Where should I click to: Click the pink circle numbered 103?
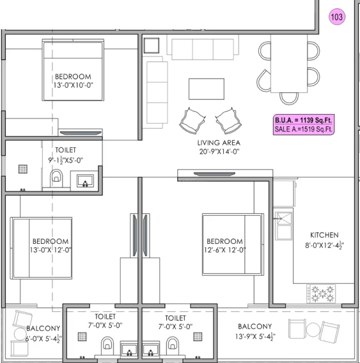point(337,17)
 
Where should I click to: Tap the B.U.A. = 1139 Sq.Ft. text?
point(303,120)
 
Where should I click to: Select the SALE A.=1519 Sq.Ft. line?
point(303,129)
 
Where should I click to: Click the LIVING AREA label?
point(219,143)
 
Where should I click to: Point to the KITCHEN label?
point(324,235)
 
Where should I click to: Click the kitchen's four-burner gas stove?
point(321,294)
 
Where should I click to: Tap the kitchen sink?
point(283,226)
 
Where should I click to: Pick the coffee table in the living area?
point(207,89)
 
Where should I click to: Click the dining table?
point(289,63)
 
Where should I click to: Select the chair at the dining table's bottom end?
point(289,98)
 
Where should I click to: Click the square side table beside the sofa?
point(152,45)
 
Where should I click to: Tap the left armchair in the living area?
point(192,121)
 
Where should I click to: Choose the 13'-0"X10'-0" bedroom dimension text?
point(73,85)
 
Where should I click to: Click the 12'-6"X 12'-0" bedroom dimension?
point(224,250)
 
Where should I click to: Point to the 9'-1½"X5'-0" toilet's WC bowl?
point(56,178)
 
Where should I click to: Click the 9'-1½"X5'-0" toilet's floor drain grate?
point(23,169)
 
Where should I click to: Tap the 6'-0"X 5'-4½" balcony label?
point(43,334)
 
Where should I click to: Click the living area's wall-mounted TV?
point(214,174)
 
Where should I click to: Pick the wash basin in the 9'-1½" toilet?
point(85,181)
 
